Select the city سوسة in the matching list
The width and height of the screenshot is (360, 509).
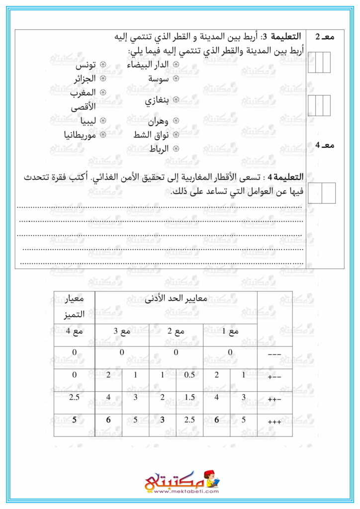[159, 79]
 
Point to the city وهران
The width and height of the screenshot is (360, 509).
[158, 121]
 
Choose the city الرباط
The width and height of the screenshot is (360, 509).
[159, 148]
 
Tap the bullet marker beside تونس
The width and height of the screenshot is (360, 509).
[103, 66]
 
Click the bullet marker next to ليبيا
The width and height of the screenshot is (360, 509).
[103, 121]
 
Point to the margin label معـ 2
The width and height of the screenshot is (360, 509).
[325, 37]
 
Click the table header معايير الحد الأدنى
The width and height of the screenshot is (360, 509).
[176, 300]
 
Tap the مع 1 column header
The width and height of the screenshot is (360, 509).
[230, 332]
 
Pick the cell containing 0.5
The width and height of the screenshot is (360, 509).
[189, 375]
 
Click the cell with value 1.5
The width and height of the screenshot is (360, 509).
[189, 398]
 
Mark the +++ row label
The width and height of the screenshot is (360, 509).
[274, 422]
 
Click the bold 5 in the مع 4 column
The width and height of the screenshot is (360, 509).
[74, 420]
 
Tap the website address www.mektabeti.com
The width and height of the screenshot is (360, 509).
[180, 492]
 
